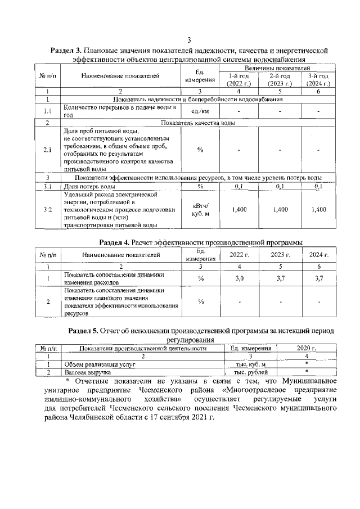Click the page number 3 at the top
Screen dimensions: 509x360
point(189,40)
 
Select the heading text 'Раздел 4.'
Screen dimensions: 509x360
point(114,242)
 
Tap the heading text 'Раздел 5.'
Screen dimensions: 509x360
point(82,330)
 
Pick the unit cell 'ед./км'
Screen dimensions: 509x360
point(200,111)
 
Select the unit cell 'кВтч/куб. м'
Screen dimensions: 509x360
point(200,209)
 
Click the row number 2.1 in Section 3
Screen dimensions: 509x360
point(48,150)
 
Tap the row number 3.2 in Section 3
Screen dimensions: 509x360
point(48,209)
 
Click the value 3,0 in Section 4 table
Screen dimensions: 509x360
point(238,278)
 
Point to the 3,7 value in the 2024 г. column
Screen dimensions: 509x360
point(318,278)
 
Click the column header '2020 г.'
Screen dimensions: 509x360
point(307,348)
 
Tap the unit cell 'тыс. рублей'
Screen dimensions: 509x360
point(251,372)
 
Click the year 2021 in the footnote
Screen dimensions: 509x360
point(204,418)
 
